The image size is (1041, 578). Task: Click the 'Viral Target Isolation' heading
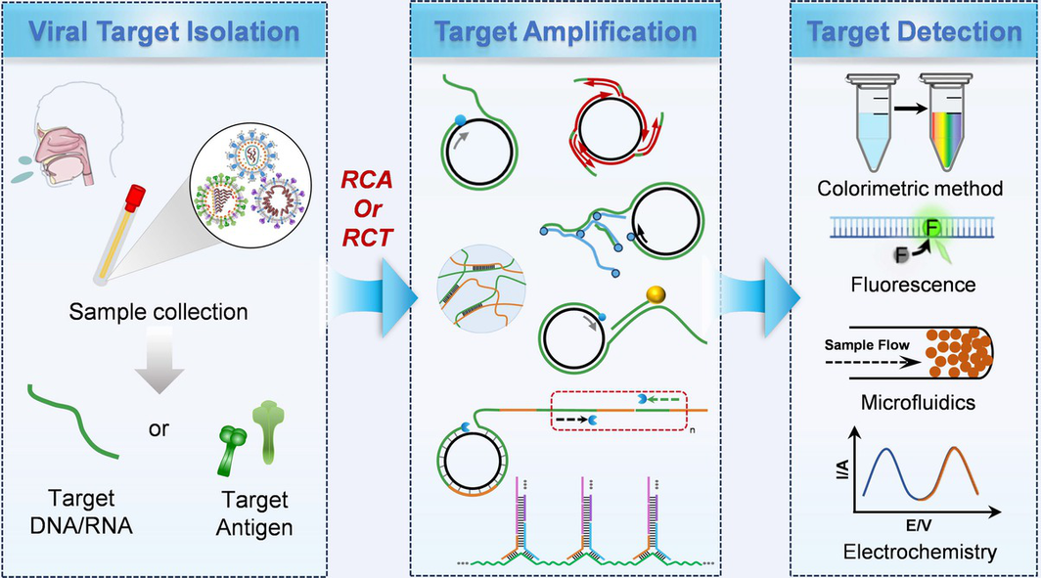coord(164,32)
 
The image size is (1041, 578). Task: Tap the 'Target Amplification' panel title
coord(566,32)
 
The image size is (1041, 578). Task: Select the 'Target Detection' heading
coord(914,32)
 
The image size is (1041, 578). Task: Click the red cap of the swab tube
coord(135,199)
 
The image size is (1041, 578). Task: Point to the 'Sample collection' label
coord(158,312)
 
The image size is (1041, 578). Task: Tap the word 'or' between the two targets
coord(158,428)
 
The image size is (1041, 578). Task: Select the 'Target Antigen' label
coord(255,513)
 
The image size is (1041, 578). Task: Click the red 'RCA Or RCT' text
coord(367,208)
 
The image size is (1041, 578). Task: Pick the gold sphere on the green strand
coord(656,294)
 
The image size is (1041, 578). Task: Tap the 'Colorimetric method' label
coord(910,189)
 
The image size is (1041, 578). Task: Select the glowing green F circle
coord(932,229)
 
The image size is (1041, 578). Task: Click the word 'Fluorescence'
coord(913,285)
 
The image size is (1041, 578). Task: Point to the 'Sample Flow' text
coord(867,345)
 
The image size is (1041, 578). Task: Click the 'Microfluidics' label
coord(918,402)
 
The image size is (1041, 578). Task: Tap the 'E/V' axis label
coord(919,525)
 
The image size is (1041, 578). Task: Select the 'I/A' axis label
coord(841,469)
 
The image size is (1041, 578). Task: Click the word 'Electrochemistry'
coord(920,553)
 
